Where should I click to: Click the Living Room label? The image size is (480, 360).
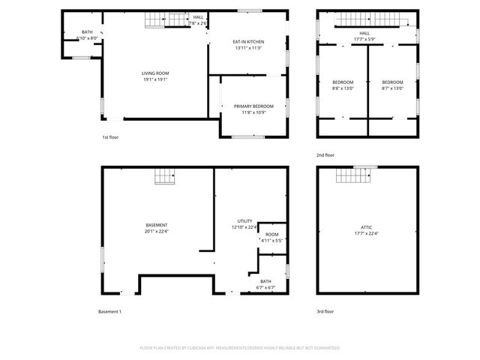pyautogui.click(x=155, y=76)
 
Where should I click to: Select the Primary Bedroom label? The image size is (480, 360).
pyautogui.click(x=253, y=109)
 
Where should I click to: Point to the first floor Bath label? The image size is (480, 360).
pyautogui.click(x=87, y=34)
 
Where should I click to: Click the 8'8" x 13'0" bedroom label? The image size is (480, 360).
pyautogui.click(x=342, y=85)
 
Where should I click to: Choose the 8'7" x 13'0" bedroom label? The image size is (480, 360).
pyautogui.click(x=392, y=85)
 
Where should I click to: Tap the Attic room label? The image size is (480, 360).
pyautogui.click(x=366, y=229)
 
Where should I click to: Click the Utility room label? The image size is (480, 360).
pyautogui.click(x=245, y=224)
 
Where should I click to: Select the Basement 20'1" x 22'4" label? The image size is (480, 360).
pyautogui.click(x=157, y=228)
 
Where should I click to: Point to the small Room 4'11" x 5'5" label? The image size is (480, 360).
pyautogui.click(x=271, y=237)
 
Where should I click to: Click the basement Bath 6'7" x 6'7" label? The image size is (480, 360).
pyautogui.click(x=266, y=284)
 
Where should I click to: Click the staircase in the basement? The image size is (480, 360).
pyautogui.click(x=164, y=176)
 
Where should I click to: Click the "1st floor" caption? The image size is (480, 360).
pyautogui.click(x=110, y=137)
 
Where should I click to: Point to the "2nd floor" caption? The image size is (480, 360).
pyautogui.click(x=325, y=154)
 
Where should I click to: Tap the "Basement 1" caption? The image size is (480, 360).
pyautogui.click(x=109, y=311)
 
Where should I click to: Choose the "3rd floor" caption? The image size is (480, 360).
pyautogui.click(x=325, y=311)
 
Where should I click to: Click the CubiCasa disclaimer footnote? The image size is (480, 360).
pyautogui.click(x=240, y=348)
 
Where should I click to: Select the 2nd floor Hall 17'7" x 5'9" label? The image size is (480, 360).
pyautogui.click(x=364, y=35)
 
